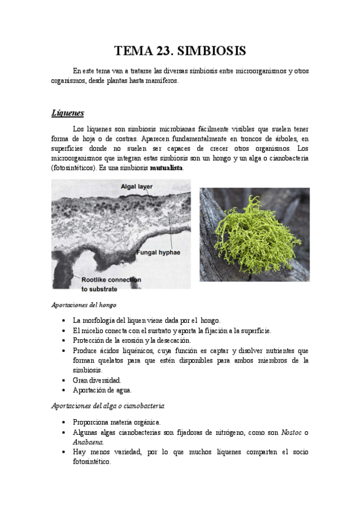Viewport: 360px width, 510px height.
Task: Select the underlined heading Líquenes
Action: pos(67,113)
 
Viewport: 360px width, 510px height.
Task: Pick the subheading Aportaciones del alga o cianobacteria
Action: pos(108,406)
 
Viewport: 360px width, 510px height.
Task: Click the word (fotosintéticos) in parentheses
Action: pos(76,168)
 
